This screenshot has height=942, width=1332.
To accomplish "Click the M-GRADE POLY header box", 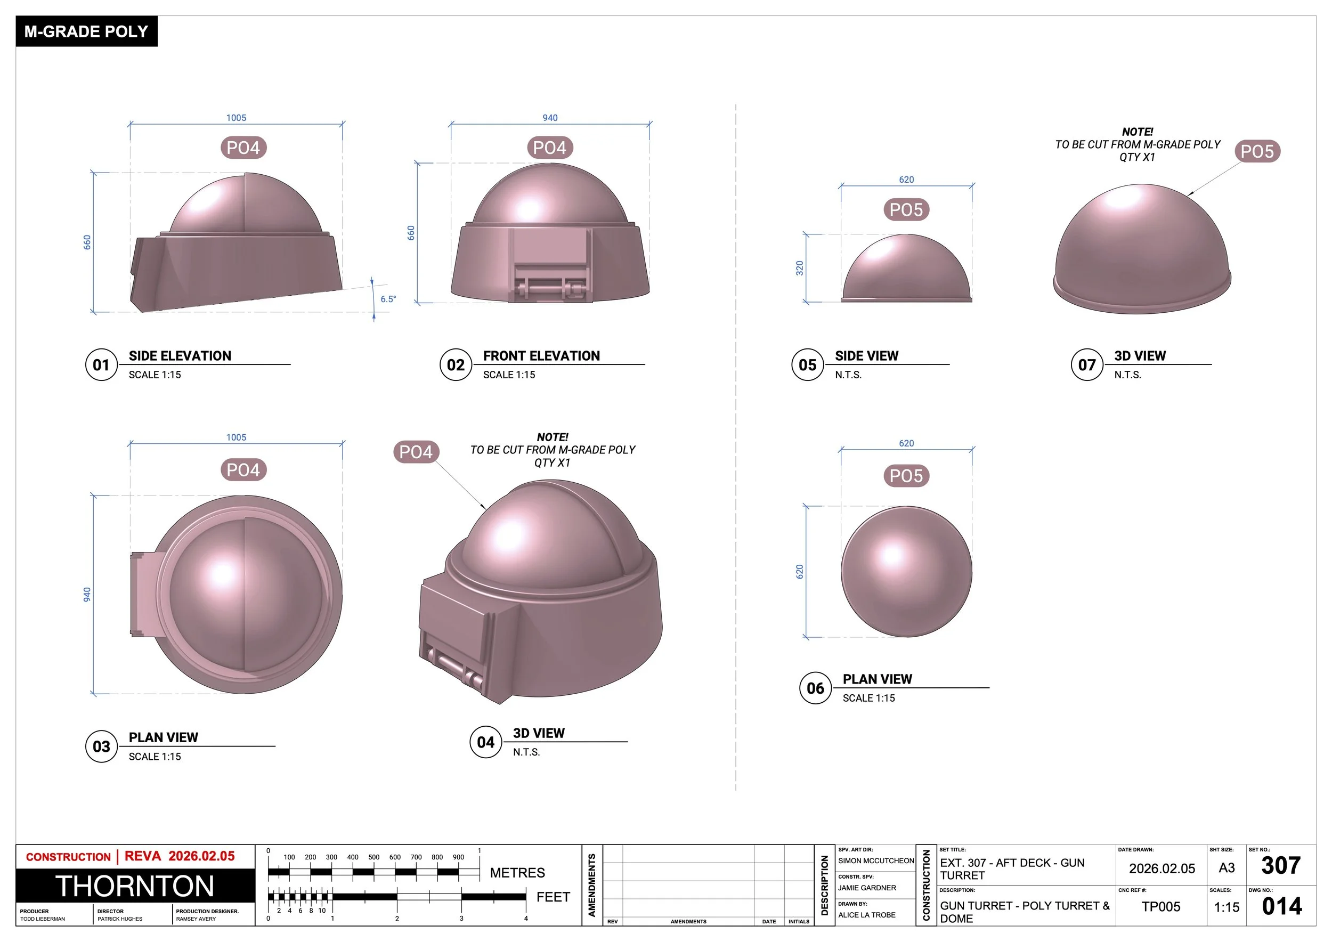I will (x=86, y=31).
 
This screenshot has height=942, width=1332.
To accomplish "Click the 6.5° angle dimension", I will (x=387, y=299).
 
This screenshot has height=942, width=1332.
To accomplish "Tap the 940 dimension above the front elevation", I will (x=549, y=118).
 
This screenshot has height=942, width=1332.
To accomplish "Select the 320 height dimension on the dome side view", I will (x=799, y=268).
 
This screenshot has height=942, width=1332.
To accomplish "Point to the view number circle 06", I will (x=815, y=688).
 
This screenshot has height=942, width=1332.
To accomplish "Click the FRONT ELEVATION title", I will (x=541, y=355).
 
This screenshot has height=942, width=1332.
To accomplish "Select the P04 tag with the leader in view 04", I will (x=416, y=452).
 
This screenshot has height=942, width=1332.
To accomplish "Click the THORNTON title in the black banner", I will (x=135, y=886).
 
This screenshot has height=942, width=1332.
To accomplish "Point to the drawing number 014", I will (x=1281, y=906).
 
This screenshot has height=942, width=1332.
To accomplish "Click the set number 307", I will (x=1281, y=865).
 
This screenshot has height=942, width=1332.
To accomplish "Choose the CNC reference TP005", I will (x=1160, y=907).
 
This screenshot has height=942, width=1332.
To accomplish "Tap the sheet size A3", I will (x=1227, y=868).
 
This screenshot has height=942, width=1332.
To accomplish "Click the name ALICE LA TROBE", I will (x=866, y=915).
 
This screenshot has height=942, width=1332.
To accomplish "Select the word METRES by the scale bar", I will (x=517, y=872).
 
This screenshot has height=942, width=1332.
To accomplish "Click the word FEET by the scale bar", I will (x=553, y=897).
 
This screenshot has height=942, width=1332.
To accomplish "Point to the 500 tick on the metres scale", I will (x=373, y=857).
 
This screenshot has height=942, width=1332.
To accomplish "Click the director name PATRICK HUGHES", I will (x=119, y=919).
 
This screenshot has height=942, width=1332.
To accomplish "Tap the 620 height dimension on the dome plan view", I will (x=799, y=571).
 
